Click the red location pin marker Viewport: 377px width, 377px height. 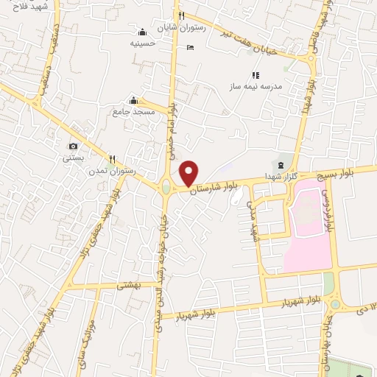189,174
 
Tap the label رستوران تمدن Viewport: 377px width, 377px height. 113,171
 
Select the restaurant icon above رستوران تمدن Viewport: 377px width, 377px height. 113,158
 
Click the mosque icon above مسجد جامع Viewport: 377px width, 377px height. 133,100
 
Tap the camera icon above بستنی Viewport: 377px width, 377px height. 73,146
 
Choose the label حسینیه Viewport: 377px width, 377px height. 143,43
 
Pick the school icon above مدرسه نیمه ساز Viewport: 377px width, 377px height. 256,75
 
